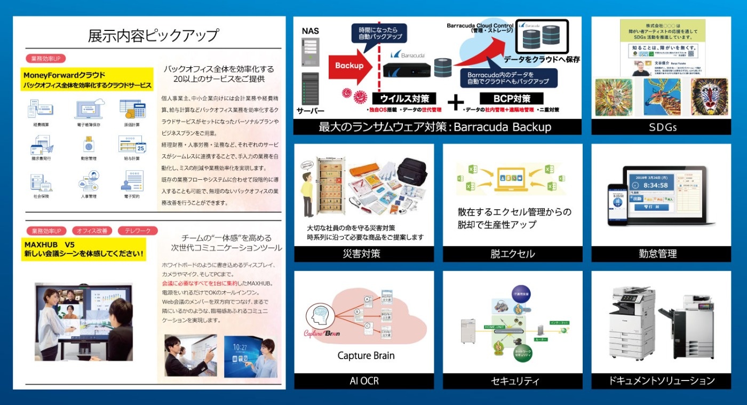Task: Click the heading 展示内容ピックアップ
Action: coord(153,36)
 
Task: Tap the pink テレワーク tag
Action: coord(138,231)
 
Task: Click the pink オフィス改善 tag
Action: coord(92,231)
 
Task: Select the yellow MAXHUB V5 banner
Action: coord(84,249)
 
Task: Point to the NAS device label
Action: coord(310,31)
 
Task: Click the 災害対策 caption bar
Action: coord(363,253)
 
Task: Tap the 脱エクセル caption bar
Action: coord(512,253)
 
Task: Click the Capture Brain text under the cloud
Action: coord(366,355)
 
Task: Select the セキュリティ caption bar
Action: coord(512,380)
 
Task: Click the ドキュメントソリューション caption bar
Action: coord(661,380)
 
